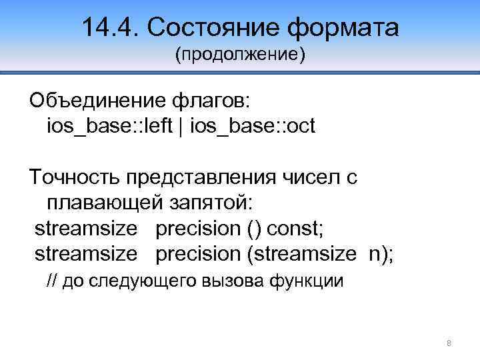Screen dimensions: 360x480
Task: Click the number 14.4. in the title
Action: tap(109, 28)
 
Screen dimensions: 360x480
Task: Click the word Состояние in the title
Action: tap(212, 28)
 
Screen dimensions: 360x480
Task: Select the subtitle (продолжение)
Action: tap(240, 55)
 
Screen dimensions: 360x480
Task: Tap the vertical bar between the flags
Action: tap(182, 126)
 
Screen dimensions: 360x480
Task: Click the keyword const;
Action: tap(295, 229)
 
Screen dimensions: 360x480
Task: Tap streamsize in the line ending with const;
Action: tap(86, 229)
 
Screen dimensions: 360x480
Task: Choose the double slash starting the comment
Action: tap(51, 281)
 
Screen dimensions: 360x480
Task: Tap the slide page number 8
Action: tap(449, 343)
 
